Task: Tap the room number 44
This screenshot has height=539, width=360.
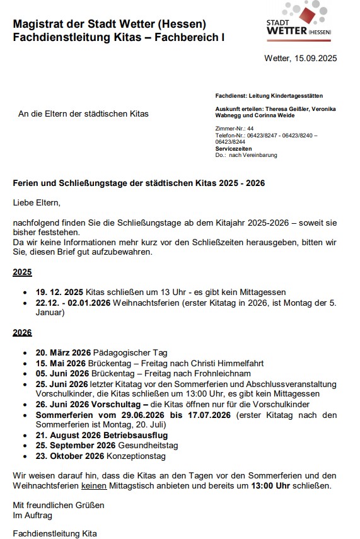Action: [250, 128]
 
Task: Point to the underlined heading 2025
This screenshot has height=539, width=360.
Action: [22, 272]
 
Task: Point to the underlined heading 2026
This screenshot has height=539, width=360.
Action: [22, 333]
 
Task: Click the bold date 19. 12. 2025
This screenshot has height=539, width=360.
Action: [59, 292]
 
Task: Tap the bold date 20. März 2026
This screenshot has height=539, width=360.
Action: [63, 352]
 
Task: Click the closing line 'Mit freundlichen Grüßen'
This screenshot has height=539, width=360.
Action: [58, 505]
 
